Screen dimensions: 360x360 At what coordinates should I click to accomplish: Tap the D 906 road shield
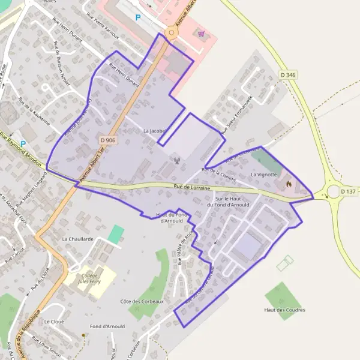click(107, 140)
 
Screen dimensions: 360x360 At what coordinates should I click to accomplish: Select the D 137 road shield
click(348, 191)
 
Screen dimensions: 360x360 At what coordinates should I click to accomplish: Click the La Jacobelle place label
click(155, 130)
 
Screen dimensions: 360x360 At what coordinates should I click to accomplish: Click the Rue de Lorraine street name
click(192, 188)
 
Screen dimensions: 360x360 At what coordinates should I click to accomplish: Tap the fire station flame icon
click(288, 184)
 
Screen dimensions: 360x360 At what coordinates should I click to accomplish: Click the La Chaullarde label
click(78, 238)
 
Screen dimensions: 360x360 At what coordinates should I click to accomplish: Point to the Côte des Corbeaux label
click(142, 301)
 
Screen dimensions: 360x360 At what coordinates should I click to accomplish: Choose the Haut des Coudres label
click(284, 310)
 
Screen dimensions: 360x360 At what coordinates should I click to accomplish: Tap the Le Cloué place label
click(54, 322)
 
